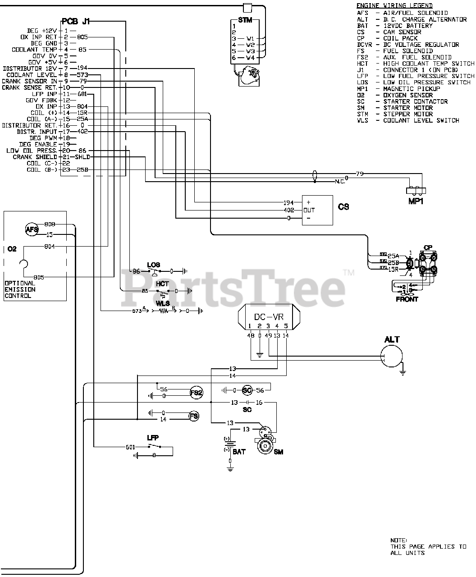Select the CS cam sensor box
[317, 210]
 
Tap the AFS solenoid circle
[32, 229]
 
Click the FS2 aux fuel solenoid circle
[196, 392]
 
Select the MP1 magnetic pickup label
[416, 201]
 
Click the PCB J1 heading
[75, 21]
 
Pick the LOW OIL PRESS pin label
[31, 151]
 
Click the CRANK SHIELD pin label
[34, 157]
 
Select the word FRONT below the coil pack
[407, 299]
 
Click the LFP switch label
[153, 438]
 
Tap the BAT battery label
[239, 451]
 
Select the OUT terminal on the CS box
[309, 210]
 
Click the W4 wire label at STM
[251, 58]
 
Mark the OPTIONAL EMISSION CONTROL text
[20, 289]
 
